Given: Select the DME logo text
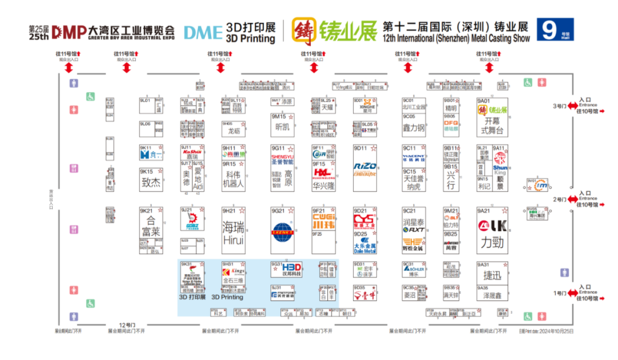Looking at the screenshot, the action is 203,32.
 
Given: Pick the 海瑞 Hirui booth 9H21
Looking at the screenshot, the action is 233,231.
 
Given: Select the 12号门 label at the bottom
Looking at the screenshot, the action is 126,325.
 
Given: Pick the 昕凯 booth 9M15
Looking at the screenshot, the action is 283,125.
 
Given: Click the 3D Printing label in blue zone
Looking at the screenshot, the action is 227,297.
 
